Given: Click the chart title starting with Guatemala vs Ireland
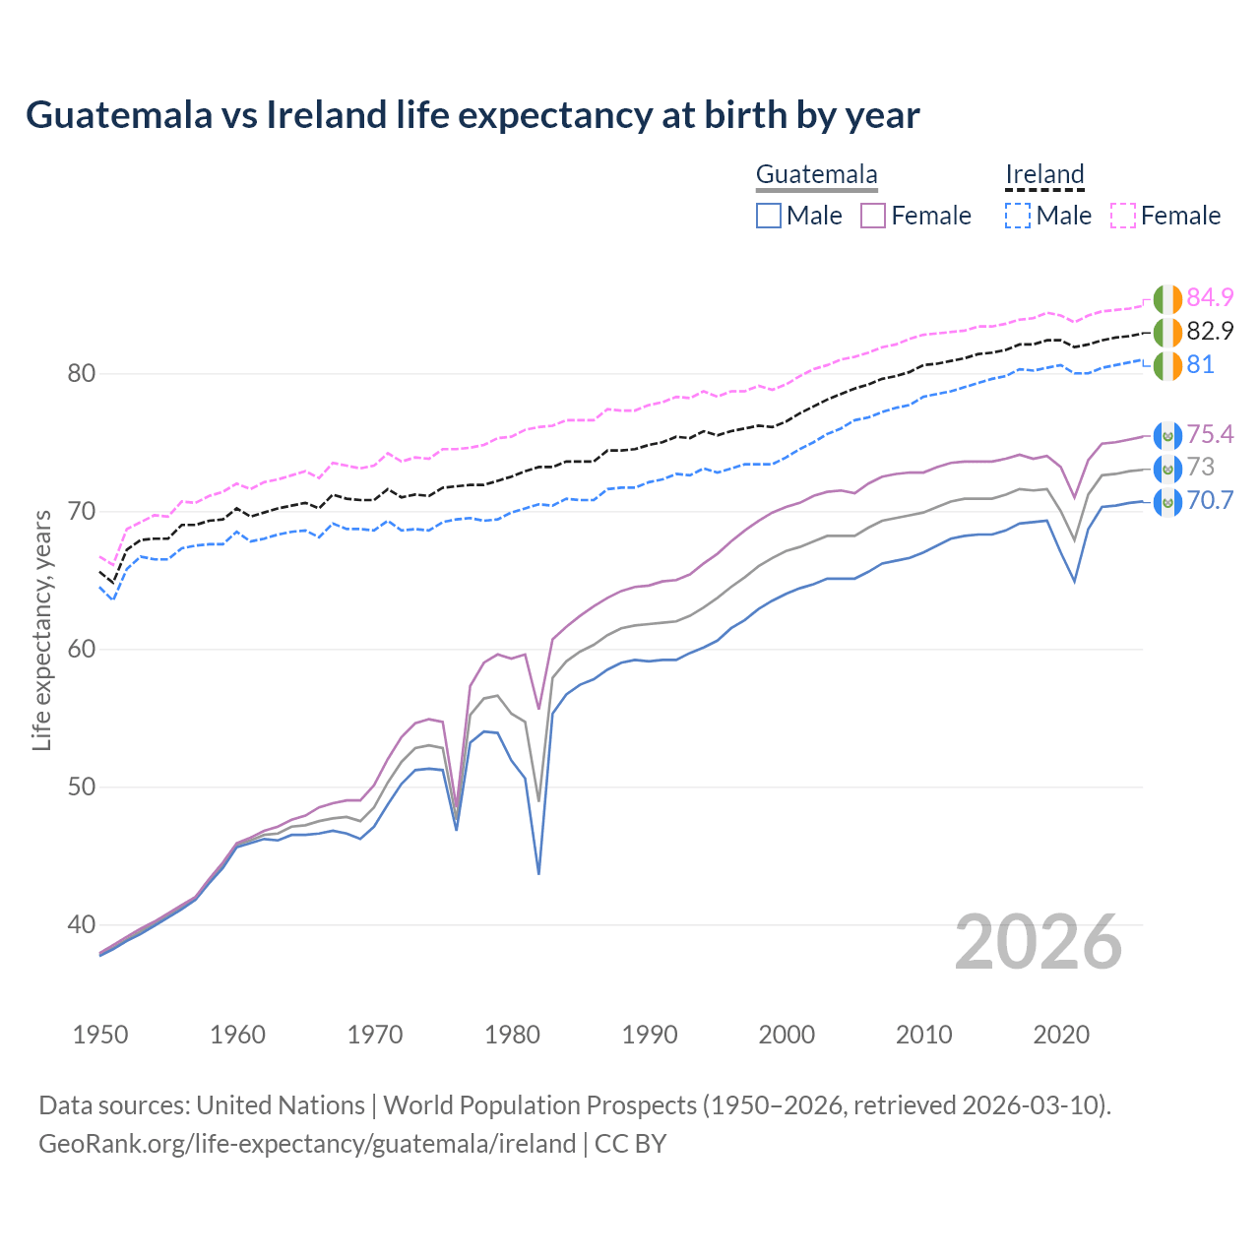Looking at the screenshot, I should coord(472,115).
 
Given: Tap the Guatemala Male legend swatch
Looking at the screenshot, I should coord(769,216).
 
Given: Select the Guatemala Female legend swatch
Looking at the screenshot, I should coord(873,216).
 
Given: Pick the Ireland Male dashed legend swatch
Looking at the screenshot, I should coord(1018,216).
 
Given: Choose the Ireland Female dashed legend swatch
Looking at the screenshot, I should coord(1123,216).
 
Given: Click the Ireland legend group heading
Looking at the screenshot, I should coord(1044,174).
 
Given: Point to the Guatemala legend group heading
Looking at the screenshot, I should coord(816,174).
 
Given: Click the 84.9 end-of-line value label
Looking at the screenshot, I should coord(1210,297).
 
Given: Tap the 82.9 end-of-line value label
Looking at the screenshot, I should coord(1210,331).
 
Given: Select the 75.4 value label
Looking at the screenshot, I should coord(1210,434).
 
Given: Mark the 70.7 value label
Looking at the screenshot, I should coord(1210,500).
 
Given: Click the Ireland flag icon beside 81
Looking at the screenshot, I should coord(1167,365).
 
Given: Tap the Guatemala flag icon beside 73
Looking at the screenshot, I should coord(1167,469).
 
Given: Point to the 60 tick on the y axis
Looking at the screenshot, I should coord(82,649).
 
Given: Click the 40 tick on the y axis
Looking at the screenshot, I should coord(82,924).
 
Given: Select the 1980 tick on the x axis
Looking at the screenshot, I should coord(512,1035).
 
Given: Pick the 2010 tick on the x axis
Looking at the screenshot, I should coord(923,1035).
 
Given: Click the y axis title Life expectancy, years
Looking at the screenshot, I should coord(42,630).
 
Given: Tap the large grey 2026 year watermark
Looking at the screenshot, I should coord(1039,942).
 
